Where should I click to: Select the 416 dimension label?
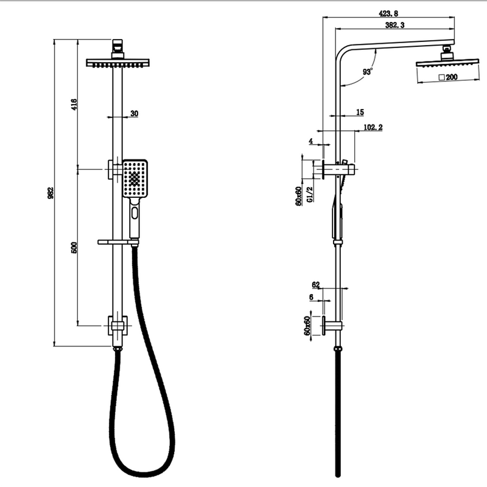[x=73, y=103]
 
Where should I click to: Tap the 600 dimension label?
[x=74, y=248]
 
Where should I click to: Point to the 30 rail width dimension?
[x=134, y=113]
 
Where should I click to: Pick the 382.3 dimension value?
[x=396, y=26]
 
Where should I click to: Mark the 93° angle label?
[x=367, y=72]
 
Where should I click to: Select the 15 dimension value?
[x=360, y=112]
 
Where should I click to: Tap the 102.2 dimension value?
[x=373, y=127]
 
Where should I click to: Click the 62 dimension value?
[x=315, y=284]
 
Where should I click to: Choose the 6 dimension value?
[x=310, y=297]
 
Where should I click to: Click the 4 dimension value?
[x=310, y=141]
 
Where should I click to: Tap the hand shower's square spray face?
[x=134, y=178]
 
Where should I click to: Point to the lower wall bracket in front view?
[x=117, y=326]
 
